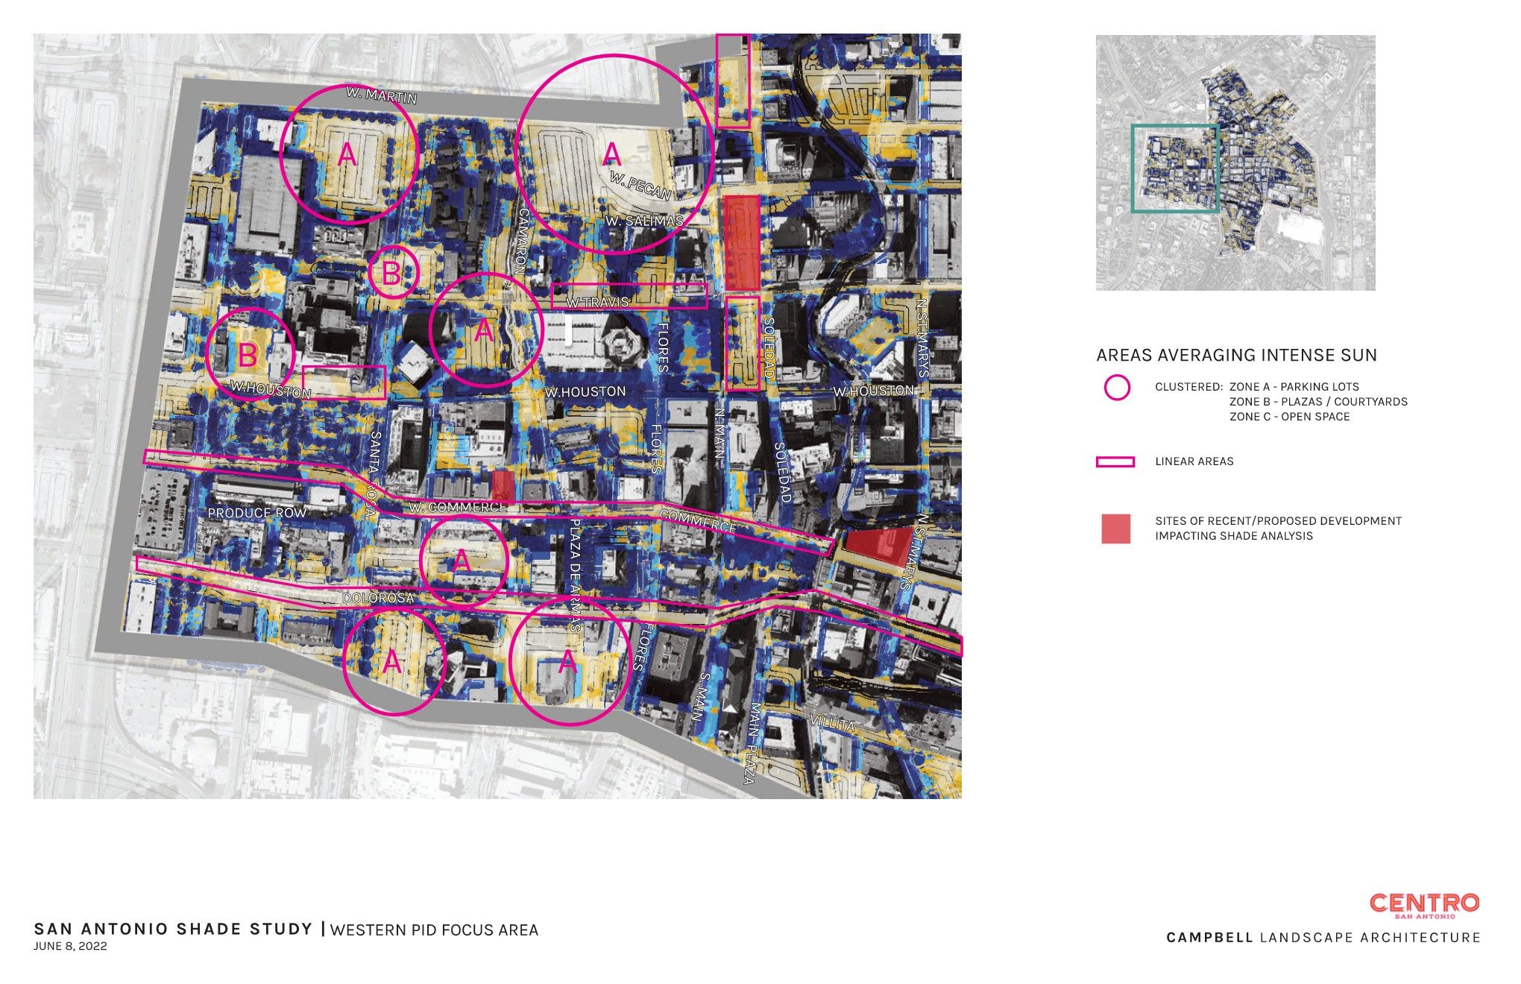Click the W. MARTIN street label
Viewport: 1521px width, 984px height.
[x=381, y=95]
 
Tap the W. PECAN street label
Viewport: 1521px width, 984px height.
[x=640, y=186]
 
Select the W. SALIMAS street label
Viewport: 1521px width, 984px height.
[x=644, y=221]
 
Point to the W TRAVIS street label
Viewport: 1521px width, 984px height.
[x=597, y=303]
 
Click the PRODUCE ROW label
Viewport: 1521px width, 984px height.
[x=256, y=513]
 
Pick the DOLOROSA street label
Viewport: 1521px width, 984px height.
[x=377, y=598]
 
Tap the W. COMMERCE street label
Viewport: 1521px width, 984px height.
[x=458, y=508]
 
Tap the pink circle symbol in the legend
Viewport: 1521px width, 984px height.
[x=1116, y=388]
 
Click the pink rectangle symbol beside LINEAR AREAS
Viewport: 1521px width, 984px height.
[x=1115, y=462]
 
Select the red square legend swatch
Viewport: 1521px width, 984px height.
[x=1115, y=529]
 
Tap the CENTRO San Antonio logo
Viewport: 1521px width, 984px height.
[x=1424, y=904]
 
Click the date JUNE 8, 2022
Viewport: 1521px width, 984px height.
[x=70, y=947]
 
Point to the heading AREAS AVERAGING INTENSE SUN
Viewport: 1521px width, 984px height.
[x=1236, y=356]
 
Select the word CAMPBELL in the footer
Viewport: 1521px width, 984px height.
[x=1209, y=938]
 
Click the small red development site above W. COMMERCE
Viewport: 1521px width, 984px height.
[x=503, y=485]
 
